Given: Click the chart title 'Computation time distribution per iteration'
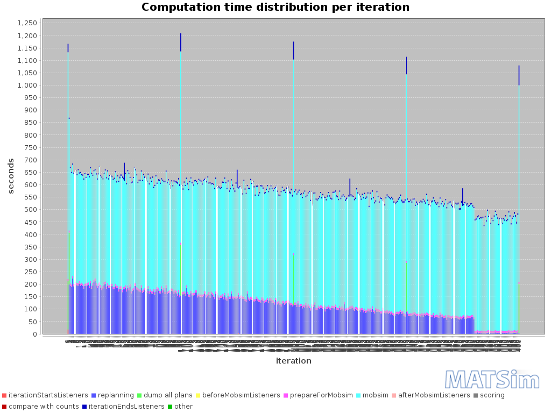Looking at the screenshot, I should click(x=275, y=7).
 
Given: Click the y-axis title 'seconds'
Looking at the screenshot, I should click(x=11, y=176).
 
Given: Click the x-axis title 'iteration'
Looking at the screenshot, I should click(x=293, y=361).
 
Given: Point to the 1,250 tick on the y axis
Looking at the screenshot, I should click(x=27, y=23).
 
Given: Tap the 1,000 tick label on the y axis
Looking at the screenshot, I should click(x=27, y=86).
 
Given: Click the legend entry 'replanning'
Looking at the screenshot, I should click(x=116, y=395).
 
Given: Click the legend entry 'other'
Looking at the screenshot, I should click(x=183, y=407).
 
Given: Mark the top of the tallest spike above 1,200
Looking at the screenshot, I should click(x=181, y=33).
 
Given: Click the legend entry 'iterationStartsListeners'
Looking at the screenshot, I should click(x=48, y=395).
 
